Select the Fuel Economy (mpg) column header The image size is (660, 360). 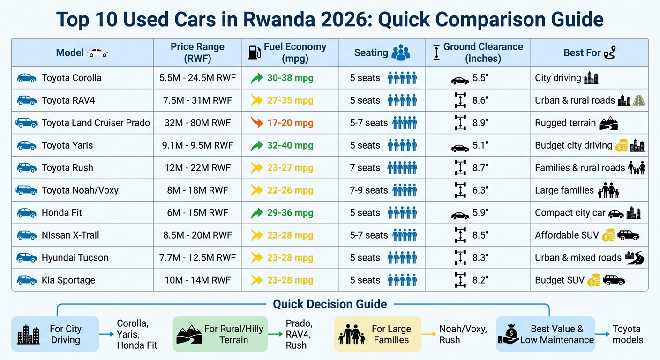pyautogui.click(x=294, y=52)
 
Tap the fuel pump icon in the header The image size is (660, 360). pyautogui.click(x=254, y=52)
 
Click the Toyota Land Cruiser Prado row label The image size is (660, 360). pyautogui.click(x=96, y=123)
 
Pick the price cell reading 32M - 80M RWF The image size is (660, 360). pyautogui.click(x=197, y=123)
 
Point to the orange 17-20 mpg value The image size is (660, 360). pyautogui.click(x=290, y=123)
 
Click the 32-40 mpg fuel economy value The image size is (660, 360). pyautogui.click(x=290, y=145)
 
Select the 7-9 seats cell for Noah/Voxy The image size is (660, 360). pyautogui.click(x=369, y=190)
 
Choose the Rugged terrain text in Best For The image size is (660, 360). pyautogui.click(x=565, y=123)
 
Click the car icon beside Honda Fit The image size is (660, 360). pyautogui.click(x=27, y=213)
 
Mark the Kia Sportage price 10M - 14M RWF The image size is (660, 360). pyautogui.click(x=197, y=280)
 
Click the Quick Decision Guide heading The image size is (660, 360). pyautogui.click(x=330, y=304)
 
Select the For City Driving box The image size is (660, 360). pyautogui.click(x=55, y=334)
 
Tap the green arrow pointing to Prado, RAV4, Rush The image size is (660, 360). pyautogui.click(x=276, y=334)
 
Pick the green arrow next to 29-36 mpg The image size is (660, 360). pyautogui.click(x=257, y=213)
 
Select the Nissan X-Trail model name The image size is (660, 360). pyautogui.click(x=70, y=235)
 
